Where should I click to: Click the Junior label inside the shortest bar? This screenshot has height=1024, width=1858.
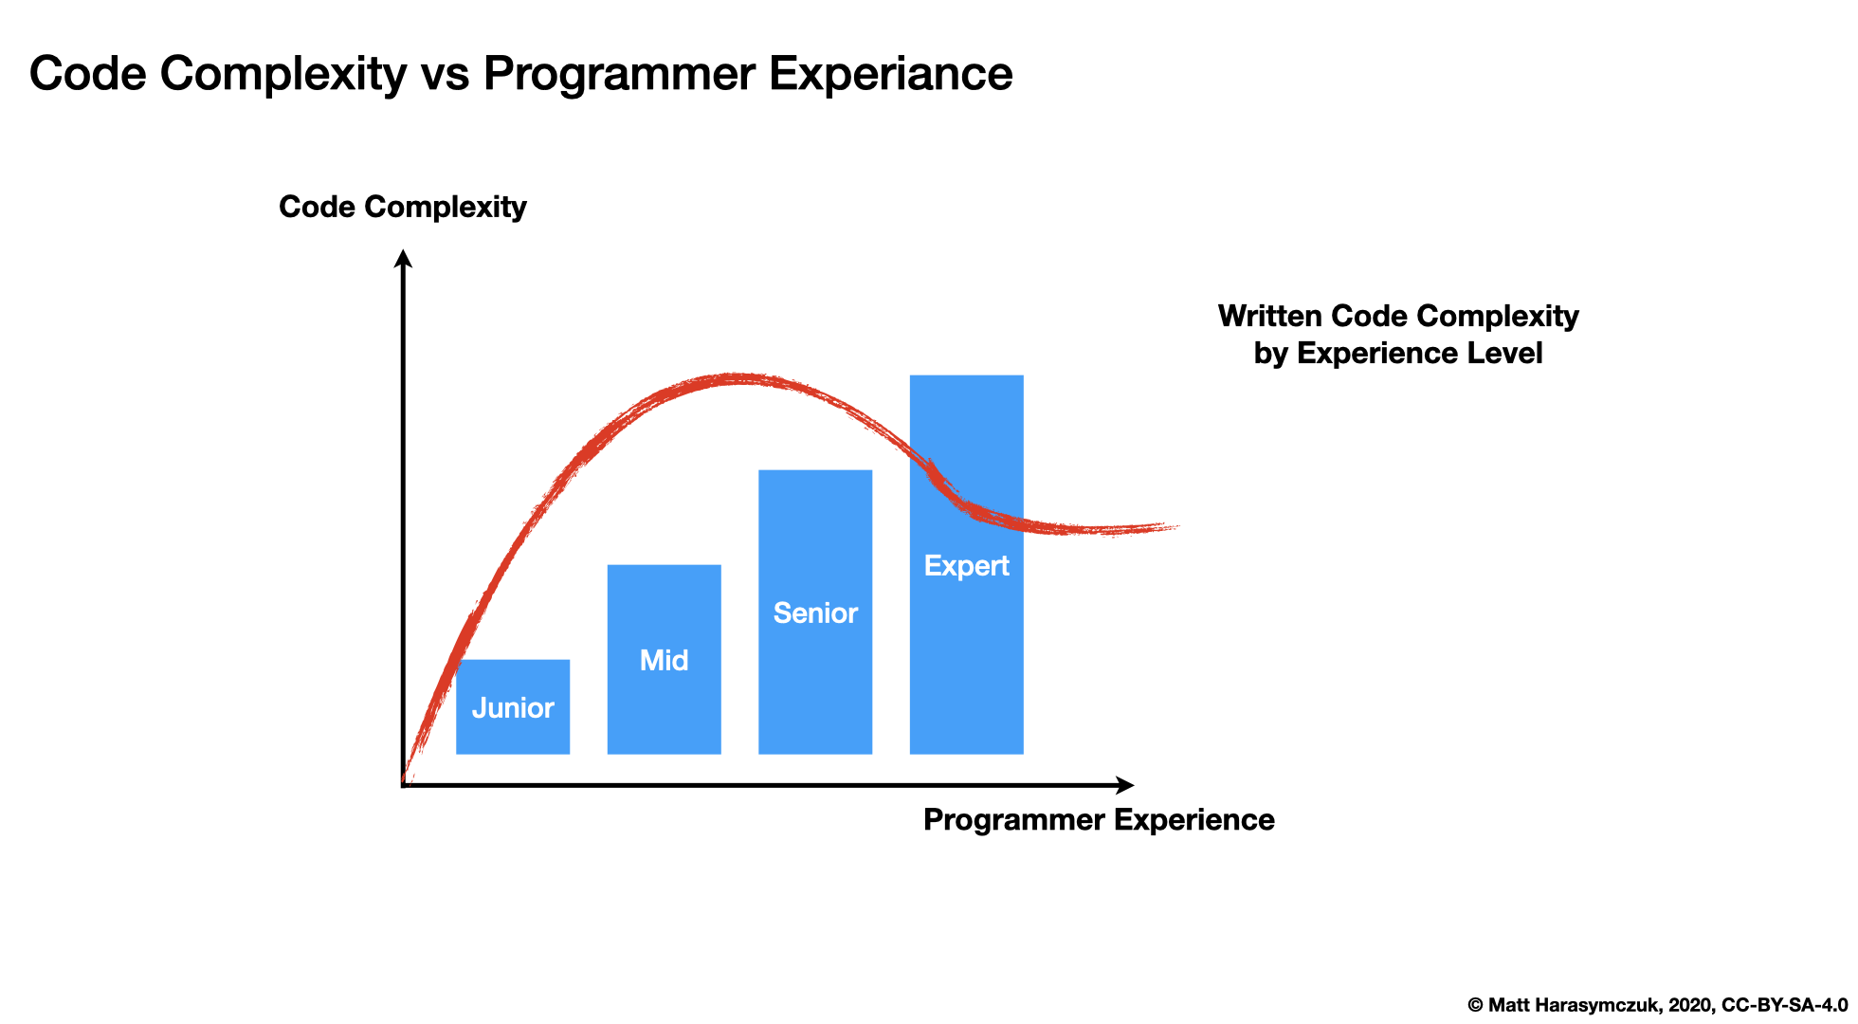tap(513, 707)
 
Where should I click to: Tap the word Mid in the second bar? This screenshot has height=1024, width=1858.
tap(664, 660)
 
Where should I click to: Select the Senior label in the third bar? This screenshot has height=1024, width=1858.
tap(815, 613)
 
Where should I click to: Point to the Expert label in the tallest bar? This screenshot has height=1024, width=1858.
tap(966, 565)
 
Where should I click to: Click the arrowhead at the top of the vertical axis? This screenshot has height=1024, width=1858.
tap(403, 258)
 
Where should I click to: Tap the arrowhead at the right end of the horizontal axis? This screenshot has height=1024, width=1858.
tap(1125, 785)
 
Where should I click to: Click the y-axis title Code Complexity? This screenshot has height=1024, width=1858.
tap(402, 207)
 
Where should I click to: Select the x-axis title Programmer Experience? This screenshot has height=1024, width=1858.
tap(1099, 819)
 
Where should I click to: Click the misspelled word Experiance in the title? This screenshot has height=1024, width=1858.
tap(890, 73)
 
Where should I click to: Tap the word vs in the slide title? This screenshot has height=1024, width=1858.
tap(445, 73)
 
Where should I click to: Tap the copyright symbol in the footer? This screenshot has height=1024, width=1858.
tap(1475, 1005)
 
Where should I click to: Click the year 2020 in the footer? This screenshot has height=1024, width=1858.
tap(1688, 1005)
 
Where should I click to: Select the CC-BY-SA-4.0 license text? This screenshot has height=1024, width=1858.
tap(1784, 1005)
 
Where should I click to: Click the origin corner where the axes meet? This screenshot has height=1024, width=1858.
tap(404, 785)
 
